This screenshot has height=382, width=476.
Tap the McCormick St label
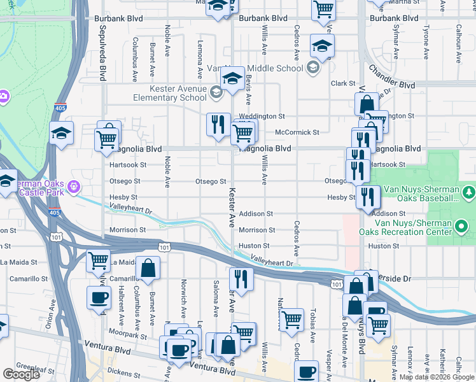297,132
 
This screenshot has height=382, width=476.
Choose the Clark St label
342,83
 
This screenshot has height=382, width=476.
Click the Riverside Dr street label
398,279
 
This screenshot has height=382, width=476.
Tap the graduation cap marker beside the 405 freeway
62,133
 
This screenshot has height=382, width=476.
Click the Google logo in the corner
21,374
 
